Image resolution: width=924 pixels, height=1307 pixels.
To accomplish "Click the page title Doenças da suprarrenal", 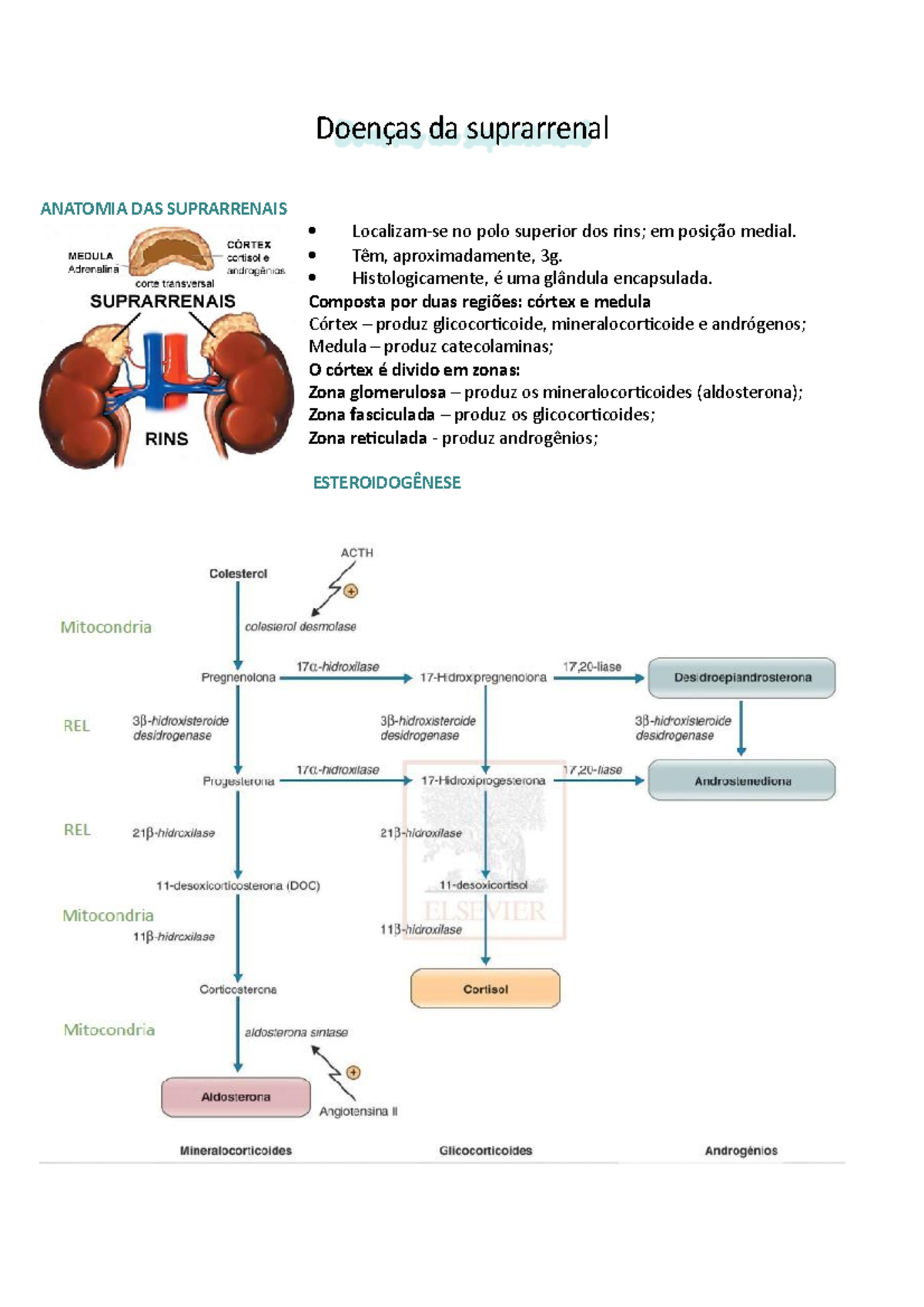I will tap(462, 129).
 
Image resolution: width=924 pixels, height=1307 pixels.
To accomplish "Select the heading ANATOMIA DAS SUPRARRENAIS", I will tap(163, 209).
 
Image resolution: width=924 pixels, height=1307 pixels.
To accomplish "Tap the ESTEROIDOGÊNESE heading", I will tap(387, 483).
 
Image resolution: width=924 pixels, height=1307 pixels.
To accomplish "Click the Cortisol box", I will tap(485, 988).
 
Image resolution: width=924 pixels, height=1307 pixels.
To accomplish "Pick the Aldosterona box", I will tap(236, 1097).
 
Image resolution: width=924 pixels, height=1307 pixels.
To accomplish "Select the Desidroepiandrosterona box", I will tap(742, 677).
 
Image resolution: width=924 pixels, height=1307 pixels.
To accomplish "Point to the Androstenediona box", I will tap(742, 781).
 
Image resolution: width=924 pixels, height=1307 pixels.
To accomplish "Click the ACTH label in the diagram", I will tap(357, 553).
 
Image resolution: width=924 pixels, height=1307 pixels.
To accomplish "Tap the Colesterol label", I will tap(238, 573).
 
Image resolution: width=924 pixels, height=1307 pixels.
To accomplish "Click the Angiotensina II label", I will tap(358, 1111).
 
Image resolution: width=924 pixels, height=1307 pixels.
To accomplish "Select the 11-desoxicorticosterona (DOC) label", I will tap(238, 885).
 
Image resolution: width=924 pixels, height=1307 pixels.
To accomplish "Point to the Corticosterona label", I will tap(238, 989).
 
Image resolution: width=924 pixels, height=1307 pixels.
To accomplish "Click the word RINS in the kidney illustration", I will tap(166, 439).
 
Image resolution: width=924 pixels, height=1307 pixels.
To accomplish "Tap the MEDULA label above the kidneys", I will tap(90, 256).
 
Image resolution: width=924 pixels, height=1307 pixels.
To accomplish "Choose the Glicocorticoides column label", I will tap(485, 1151).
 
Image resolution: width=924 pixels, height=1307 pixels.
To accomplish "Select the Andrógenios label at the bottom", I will tap(741, 1151).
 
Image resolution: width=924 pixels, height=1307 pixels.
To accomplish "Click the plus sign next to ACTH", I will tap(351, 591).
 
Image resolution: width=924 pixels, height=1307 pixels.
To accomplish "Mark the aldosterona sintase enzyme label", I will tap(296, 1032).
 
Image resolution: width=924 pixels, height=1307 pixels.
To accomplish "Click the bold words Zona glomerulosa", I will tap(377, 393).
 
